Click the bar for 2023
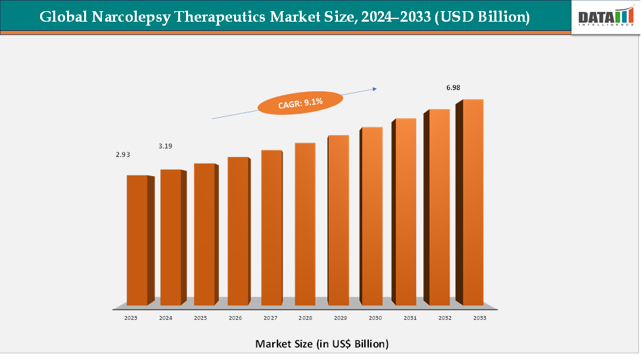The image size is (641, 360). pyautogui.click(x=137, y=240)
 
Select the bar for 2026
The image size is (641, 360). pyautogui.click(x=238, y=231)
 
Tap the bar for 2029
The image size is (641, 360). pyautogui.click(x=338, y=220)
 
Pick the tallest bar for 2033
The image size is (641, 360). pyautogui.click(x=473, y=202)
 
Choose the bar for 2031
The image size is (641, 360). pyautogui.click(x=406, y=212)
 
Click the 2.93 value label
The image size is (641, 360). pyautogui.click(x=123, y=155)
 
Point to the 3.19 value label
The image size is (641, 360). pyautogui.click(x=166, y=146)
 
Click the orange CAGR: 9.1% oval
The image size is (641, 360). pyautogui.click(x=300, y=102)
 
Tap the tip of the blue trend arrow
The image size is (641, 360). pyautogui.click(x=376, y=87)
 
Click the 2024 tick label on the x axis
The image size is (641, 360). pyautogui.click(x=166, y=318)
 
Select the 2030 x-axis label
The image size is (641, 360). pyautogui.click(x=375, y=318)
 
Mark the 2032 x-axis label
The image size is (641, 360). pyautogui.click(x=445, y=318)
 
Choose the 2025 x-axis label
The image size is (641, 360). pyautogui.click(x=200, y=318)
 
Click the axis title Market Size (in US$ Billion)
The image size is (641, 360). pyautogui.click(x=321, y=344)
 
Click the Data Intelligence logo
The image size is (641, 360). pyautogui.click(x=603, y=16)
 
